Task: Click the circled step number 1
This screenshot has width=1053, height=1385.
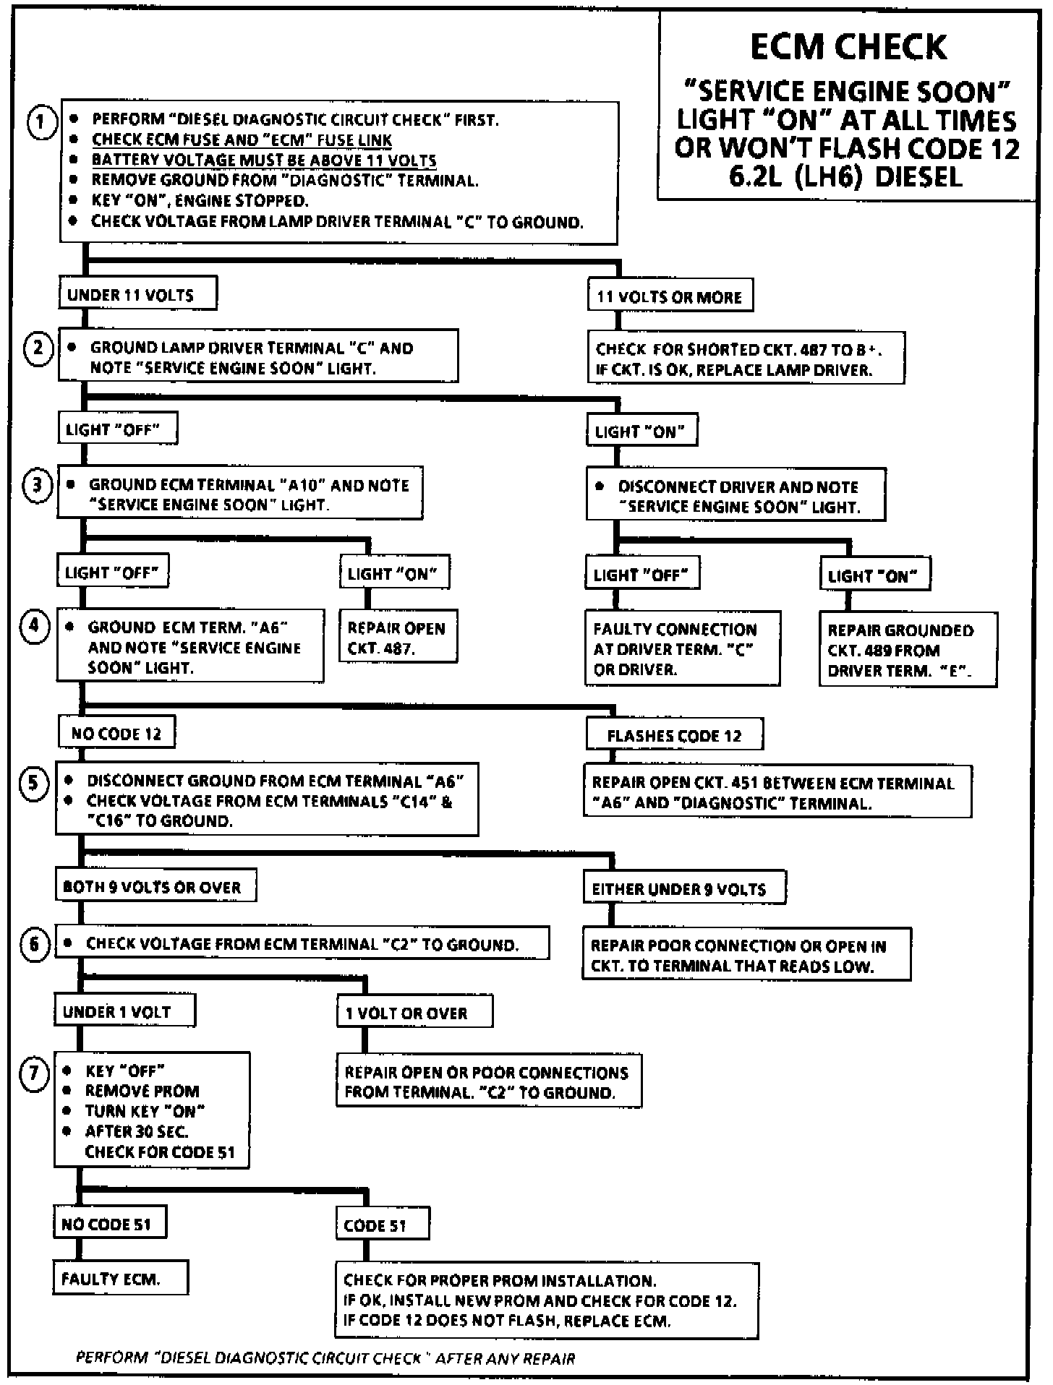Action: pyautogui.click(x=41, y=122)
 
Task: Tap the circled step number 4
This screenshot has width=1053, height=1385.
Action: pyautogui.click(x=34, y=625)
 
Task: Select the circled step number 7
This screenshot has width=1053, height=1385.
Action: pyautogui.click(x=33, y=1073)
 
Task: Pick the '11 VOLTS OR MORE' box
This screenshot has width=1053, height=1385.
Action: pyautogui.click(x=670, y=296)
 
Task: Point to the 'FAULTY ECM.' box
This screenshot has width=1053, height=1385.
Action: pyautogui.click(x=120, y=1279)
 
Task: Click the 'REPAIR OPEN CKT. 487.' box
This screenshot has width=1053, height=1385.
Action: pyautogui.click(x=398, y=638)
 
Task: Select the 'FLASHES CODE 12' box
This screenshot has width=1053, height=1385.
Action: pyautogui.click(x=674, y=736)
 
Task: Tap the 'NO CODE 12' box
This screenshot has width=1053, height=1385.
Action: pyautogui.click(x=116, y=734)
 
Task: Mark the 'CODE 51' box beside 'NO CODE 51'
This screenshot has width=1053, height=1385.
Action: pyautogui.click(x=382, y=1225)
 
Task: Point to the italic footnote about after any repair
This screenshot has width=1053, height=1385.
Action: pyautogui.click(x=325, y=1358)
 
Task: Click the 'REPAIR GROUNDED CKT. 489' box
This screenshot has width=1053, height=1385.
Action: pyautogui.click(x=908, y=650)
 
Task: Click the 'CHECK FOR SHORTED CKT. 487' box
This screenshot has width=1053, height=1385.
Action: pyautogui.click(x=745, y=359)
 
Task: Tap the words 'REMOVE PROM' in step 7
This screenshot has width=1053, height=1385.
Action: pyautogui.click(x=142, y=1091)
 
